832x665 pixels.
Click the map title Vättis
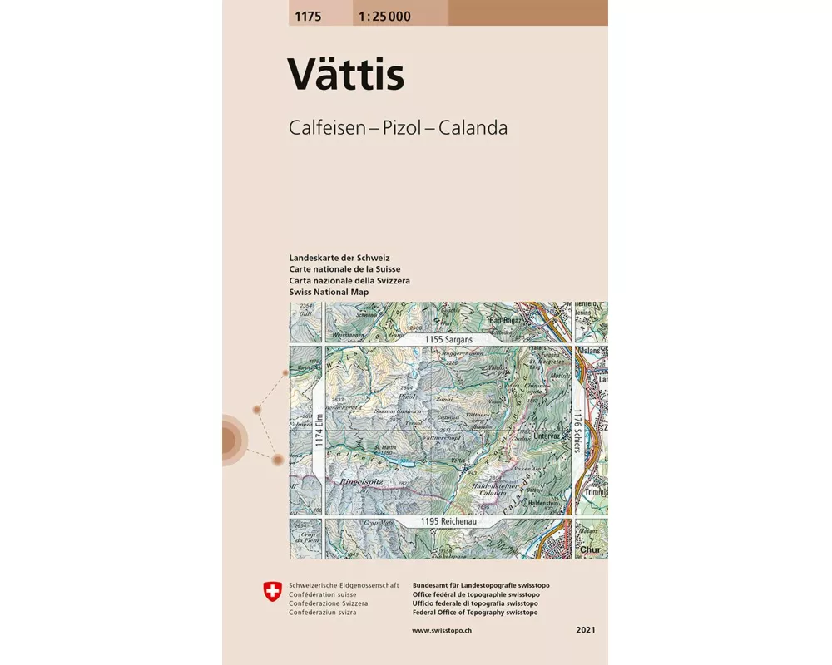(x=346, y=74)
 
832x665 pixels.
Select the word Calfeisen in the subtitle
(x=325, y=128)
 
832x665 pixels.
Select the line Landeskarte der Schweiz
(x=339, y=258)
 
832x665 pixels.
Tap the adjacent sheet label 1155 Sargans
(x=448, y=339)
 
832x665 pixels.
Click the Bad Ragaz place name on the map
(x=508, y=320)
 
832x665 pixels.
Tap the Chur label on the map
(x=591, y=549)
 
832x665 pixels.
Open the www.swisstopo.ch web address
(x=443, y=632)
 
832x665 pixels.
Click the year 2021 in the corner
(x=585, y=632)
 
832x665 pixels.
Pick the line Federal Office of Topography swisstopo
(x=474, y=613)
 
